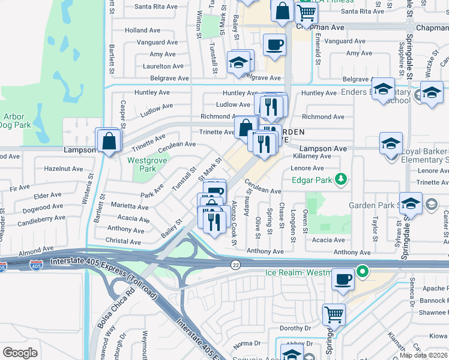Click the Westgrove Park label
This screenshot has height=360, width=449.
142,164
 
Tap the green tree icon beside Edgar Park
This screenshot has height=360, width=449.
341,179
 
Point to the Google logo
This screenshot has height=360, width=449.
20,353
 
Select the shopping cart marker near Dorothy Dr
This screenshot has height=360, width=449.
334,314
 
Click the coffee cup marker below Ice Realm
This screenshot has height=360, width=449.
343,280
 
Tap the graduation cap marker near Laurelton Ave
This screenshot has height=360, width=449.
239,62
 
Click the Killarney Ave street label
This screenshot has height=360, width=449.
309,155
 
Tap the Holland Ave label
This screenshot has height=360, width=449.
143,30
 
